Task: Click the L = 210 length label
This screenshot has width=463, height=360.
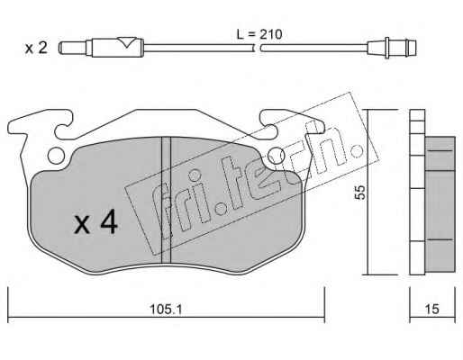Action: tap(259, 34)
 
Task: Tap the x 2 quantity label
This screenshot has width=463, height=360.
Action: tap(36, 48)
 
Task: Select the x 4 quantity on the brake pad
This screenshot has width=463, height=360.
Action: tap(95, 222)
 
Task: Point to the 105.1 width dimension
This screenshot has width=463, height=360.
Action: tap(166, 309)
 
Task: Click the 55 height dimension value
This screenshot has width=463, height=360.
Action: tap(359, 192)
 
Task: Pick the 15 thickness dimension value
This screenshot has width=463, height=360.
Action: tap(432, 309)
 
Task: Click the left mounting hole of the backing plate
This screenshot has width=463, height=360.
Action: tap(56, 156)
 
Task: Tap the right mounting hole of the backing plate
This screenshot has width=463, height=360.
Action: tap(276, 156)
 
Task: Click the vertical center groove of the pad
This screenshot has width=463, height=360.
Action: tap(166, 200)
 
